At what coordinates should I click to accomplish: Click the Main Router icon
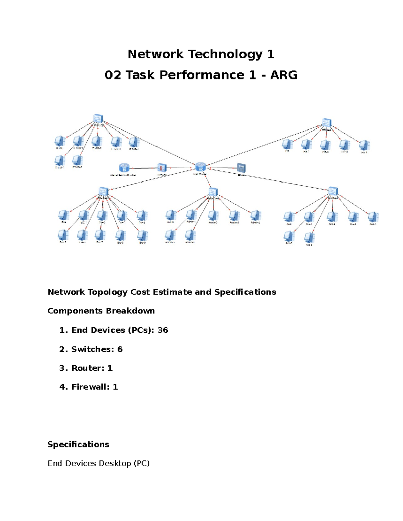click(x=200, y=167)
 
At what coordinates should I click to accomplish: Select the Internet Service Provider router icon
click(x=124, y=168)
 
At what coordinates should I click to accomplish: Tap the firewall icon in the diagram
click(x=162, y=168)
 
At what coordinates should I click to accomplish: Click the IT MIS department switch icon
click(x=98, y=119)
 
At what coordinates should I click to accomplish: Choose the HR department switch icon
click(x=326, y=123)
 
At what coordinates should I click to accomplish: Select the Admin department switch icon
click(x=213, y=192)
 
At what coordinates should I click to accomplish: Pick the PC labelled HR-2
click(x=325, y=145)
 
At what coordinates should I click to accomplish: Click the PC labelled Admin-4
click(x=255, y=215)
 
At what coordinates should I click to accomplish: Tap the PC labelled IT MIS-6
click(x=77, y=160)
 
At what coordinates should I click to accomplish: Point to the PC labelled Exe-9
click(x=142, y=236)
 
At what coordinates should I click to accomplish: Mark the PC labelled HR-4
click(x=364, y=145)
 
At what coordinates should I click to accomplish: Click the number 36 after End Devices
click(x=163, y=330)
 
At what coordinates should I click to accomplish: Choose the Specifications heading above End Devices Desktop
click(x=78, y=445)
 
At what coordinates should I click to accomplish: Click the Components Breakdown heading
click(x=101, y=311)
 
